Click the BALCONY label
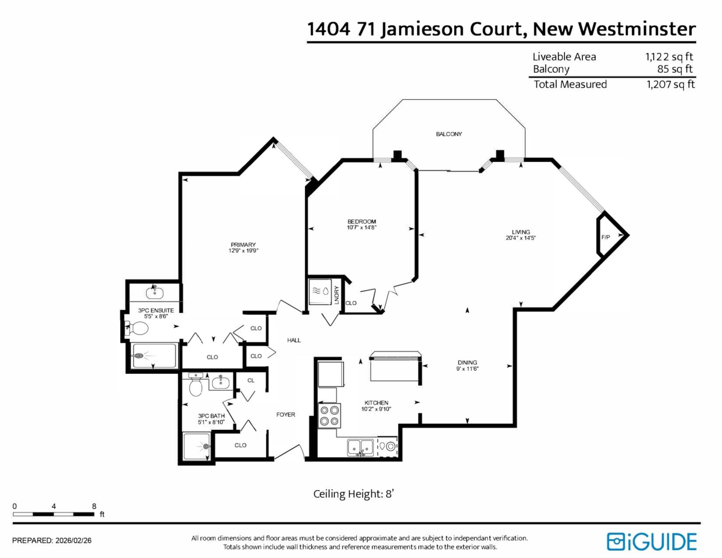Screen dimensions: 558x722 point(449,134)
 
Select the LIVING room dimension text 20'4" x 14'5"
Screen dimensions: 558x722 point(520,238)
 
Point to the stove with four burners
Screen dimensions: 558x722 point(329,415)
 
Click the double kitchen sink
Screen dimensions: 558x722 point(360,447)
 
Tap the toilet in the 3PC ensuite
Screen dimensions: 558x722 point(138,329)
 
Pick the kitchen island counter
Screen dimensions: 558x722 point(395,367)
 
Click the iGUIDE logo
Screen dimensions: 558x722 point(652,541)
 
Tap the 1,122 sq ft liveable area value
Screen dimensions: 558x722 point(668,57)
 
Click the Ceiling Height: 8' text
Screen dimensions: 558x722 point(353,494)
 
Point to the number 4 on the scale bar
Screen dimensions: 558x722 point(54,506)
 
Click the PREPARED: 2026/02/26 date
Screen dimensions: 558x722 point(52,540)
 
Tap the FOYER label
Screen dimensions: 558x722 point(285,415)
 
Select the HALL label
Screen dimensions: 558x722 point(294,340)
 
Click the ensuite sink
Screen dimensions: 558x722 point(154,293)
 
